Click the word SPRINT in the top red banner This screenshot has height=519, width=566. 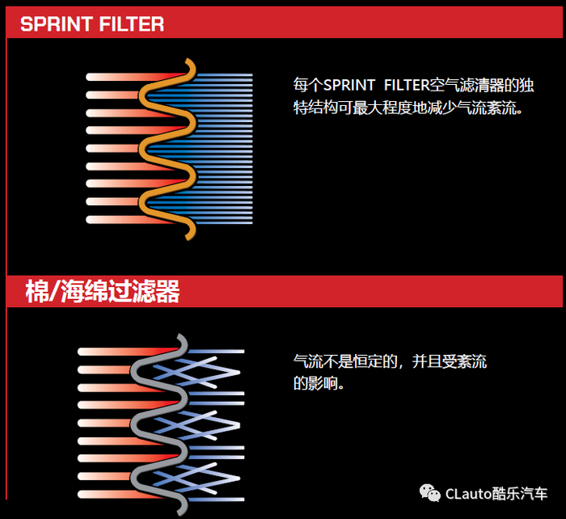pyautogui.click(x=57, y=24)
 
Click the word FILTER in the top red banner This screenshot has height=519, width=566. pyautogui.click(x=131, y=24)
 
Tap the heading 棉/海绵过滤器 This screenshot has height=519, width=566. pyautogui.click(x=103, y=291)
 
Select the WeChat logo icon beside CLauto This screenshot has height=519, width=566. pyautogui.click(x=429, y=493)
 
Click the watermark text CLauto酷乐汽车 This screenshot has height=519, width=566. pyautogui.click(x=496, y=494)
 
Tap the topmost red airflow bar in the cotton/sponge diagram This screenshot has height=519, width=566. pyautogui.click(x=128, y=352)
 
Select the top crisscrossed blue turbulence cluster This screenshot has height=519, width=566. pyautogui.click(x=196, y=373)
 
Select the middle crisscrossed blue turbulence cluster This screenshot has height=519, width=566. pyautogui.click(x=196, y=425)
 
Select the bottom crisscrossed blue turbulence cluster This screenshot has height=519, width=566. pyautogui.click(x=196, y=479)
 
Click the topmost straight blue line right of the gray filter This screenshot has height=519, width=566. pyautogui.click(x=216, y=351)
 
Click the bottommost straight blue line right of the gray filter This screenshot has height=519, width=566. pyautogui.click(x=216, y=500)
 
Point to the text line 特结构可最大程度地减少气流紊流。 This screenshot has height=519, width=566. pyautogui.click(x=408, y=108)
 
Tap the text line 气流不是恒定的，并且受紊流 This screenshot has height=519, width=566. pyautogui.click(x=390, y=361)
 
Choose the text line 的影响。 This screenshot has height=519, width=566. pyautogui.click(x=319, y=383)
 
